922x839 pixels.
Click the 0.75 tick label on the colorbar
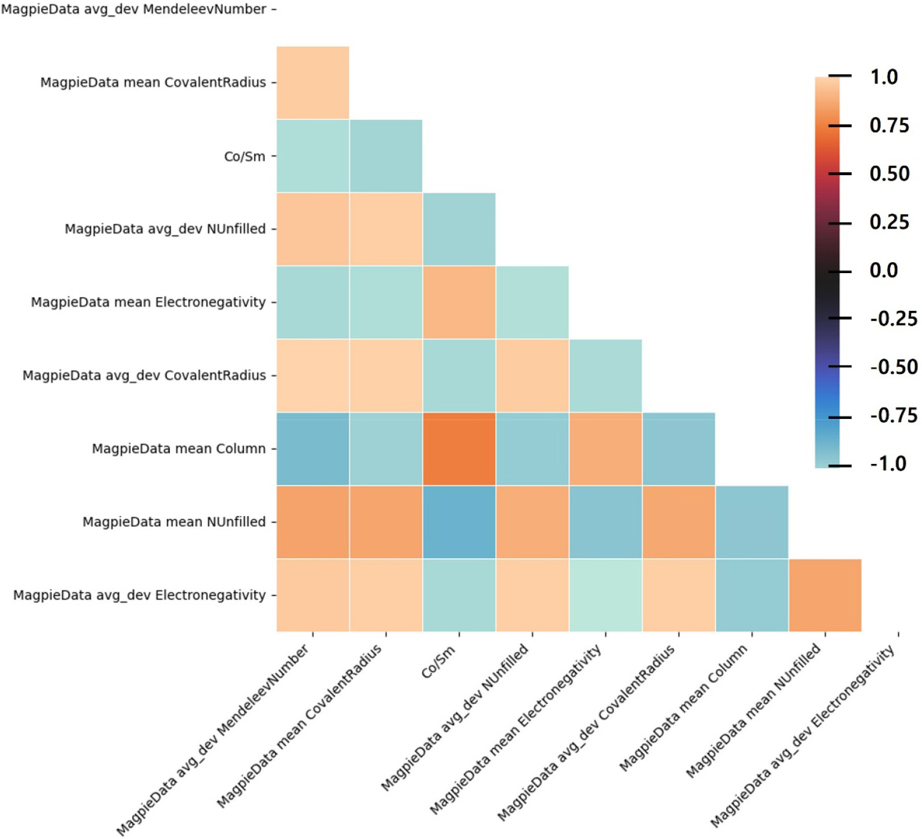tap(889, 125)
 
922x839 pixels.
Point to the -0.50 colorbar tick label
tap(893, 367)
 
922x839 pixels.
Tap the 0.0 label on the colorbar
tap(884, 270)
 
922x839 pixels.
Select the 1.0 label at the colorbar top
tap(884, 77)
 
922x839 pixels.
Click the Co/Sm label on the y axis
tap(244, 157)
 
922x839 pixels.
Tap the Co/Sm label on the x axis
tap(438, 663)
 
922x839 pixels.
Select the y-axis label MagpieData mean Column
tap(178, 449)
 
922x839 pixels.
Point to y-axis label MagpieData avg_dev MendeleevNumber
tap(133, 9)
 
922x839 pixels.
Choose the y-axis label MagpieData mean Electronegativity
tap(148, 302)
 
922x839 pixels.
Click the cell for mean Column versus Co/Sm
tap(459, 449)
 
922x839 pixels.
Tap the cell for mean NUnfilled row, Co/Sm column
tap(459, 522)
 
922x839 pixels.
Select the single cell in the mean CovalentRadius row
tap(313, 83)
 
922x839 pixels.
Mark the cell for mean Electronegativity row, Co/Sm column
tap(459, 302)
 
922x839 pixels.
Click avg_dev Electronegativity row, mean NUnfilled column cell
tap(825, 595)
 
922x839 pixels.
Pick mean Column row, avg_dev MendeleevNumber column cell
tap(313, 449)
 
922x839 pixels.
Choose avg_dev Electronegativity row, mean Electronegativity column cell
tap(605, 595)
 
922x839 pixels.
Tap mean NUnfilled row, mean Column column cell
tap(752, 522)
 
